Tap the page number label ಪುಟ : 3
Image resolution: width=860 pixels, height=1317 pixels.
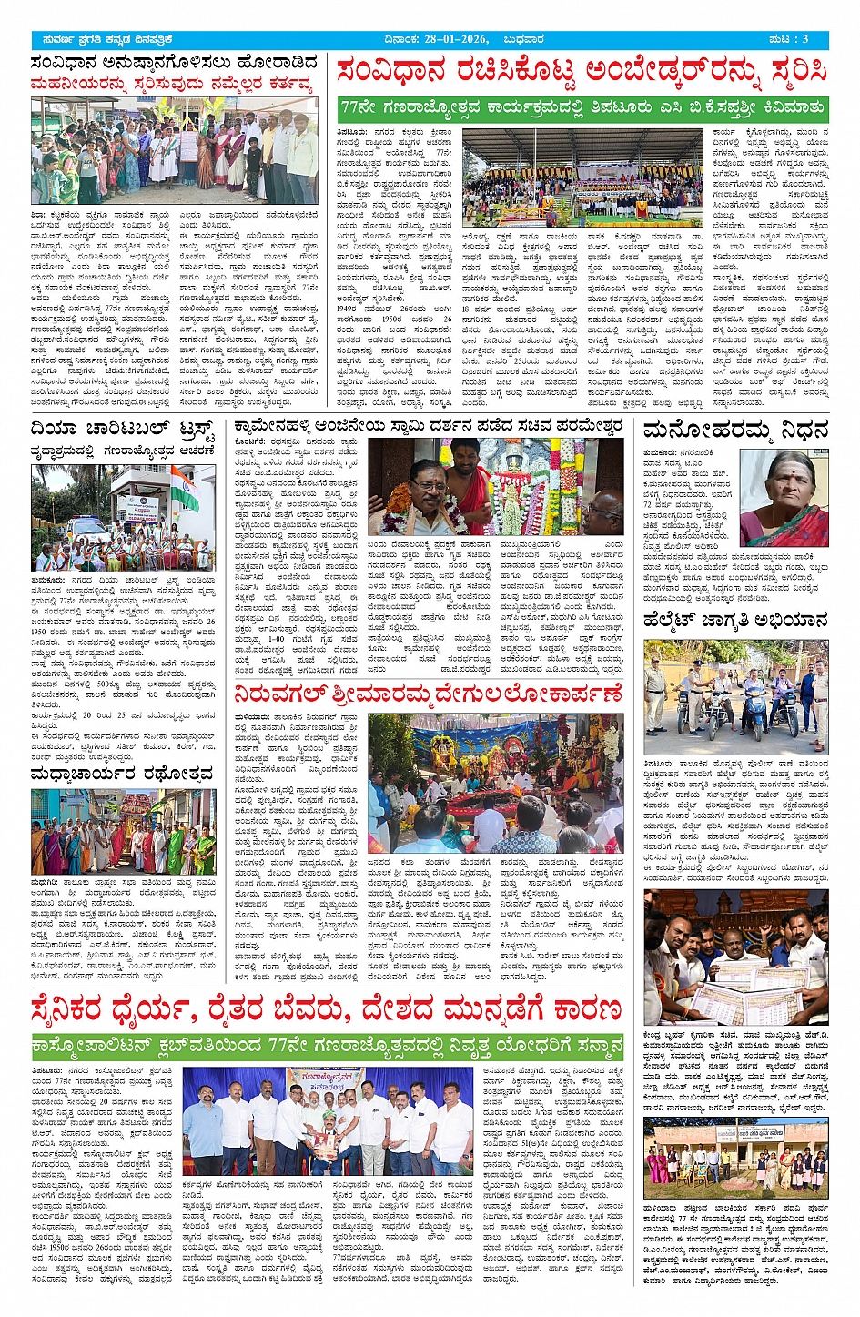tap(788, 39)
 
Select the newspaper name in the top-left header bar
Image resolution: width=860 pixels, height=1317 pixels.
tap(107, 39)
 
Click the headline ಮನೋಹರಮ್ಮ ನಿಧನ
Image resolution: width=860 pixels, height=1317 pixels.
tap(735, 431)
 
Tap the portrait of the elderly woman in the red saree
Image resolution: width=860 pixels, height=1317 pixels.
tap(784, 498)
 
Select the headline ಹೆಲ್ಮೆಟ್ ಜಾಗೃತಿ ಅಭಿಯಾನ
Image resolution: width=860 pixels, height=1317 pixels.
tap(735, 621)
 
